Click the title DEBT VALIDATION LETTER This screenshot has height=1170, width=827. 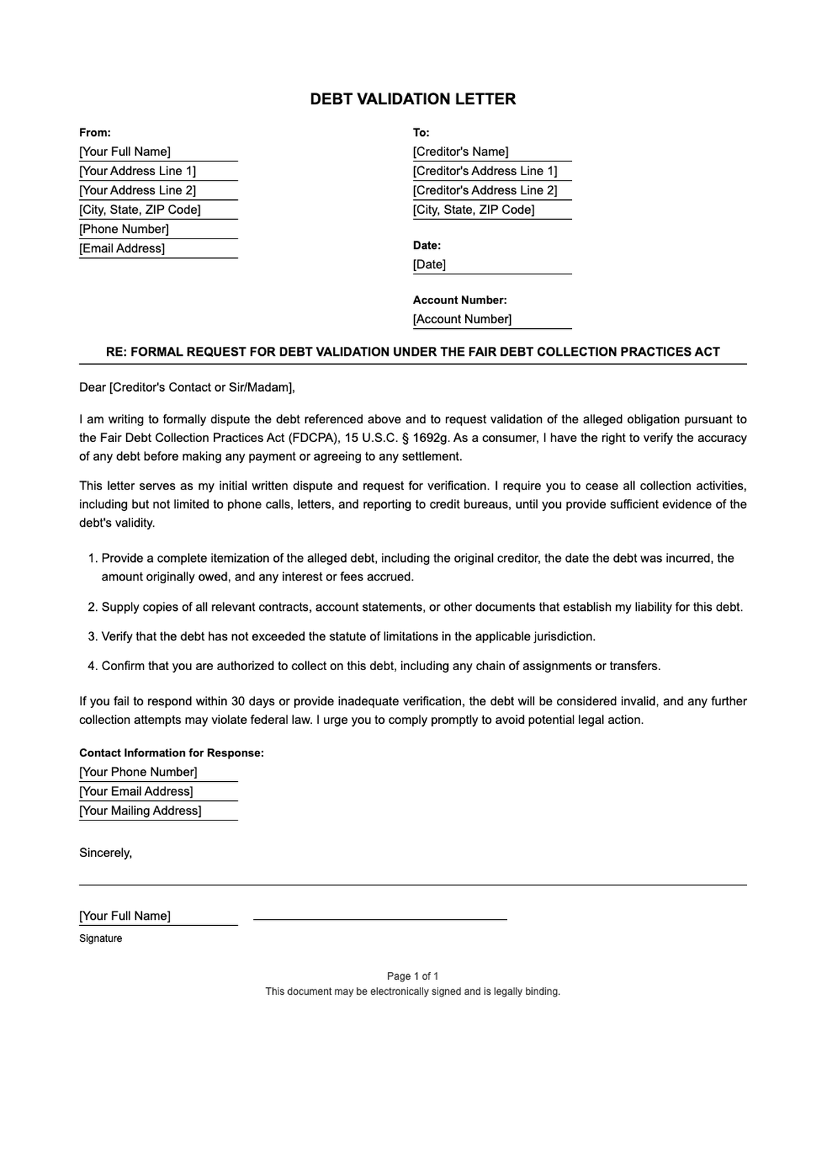pyautogui.click(x=412, y=99)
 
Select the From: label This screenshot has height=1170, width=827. pyautogui.click(x=95, y=132)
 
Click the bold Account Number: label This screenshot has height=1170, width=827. pyautogui.click(x=460, y=300)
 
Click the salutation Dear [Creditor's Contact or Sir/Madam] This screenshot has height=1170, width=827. pyautogui.click(x=187, y=387)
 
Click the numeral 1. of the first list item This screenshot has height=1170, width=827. pyautogui.click(x=93, y=558)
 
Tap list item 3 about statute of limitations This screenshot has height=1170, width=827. pyautogui.click(x=348, y=636)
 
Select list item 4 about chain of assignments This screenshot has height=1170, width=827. pyautogui.click(x=380, y=666)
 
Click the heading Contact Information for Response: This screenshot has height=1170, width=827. pyautogui.click(x=172, y=753)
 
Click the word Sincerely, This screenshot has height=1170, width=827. pyautogui.click(x=105, y=853)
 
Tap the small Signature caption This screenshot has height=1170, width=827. pyautogui.click(x=101, y=938)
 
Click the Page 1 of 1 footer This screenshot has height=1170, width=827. pyautogui.click(x=412, y=976)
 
